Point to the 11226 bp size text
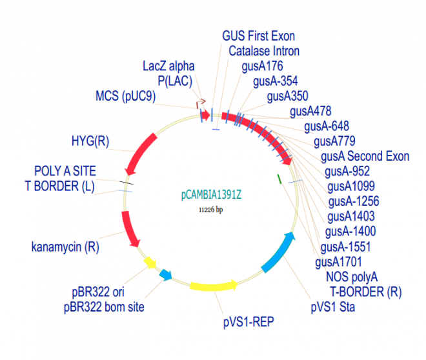[x=210, y=210]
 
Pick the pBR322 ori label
[x=99, y=291]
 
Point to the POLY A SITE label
[x=65, y=171]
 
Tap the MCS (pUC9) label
[x=125, y=97]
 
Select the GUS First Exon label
[x=261, y=35]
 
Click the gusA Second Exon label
[x=365, y=156]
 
